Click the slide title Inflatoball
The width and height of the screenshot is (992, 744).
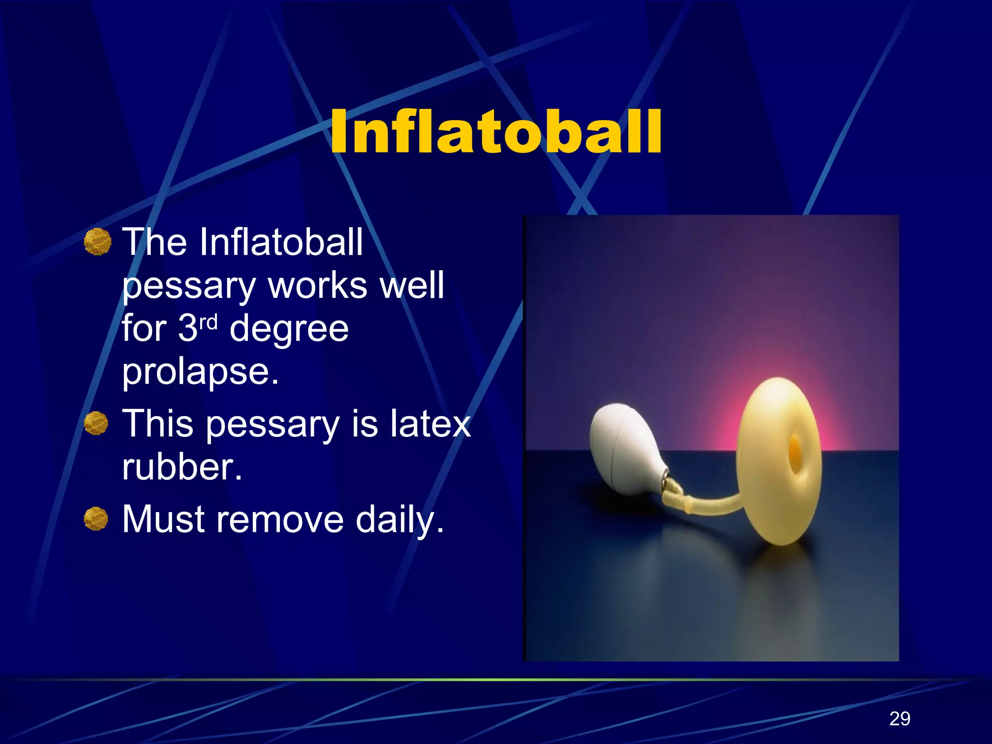(496, 132)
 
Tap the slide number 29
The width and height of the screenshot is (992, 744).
(899, 718)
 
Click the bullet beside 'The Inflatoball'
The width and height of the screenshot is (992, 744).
(97, 241)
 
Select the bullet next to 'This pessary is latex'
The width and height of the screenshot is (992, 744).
(96, 423)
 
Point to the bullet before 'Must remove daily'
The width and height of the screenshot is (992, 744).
(96, 519)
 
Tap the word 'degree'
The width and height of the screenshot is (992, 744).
(289, 329)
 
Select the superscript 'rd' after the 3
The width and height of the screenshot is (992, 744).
(208, 322)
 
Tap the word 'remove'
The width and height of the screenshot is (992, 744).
(280, 520)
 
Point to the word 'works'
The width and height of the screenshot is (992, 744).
(317, 285)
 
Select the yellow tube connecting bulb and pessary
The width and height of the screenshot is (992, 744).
(712, 507)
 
